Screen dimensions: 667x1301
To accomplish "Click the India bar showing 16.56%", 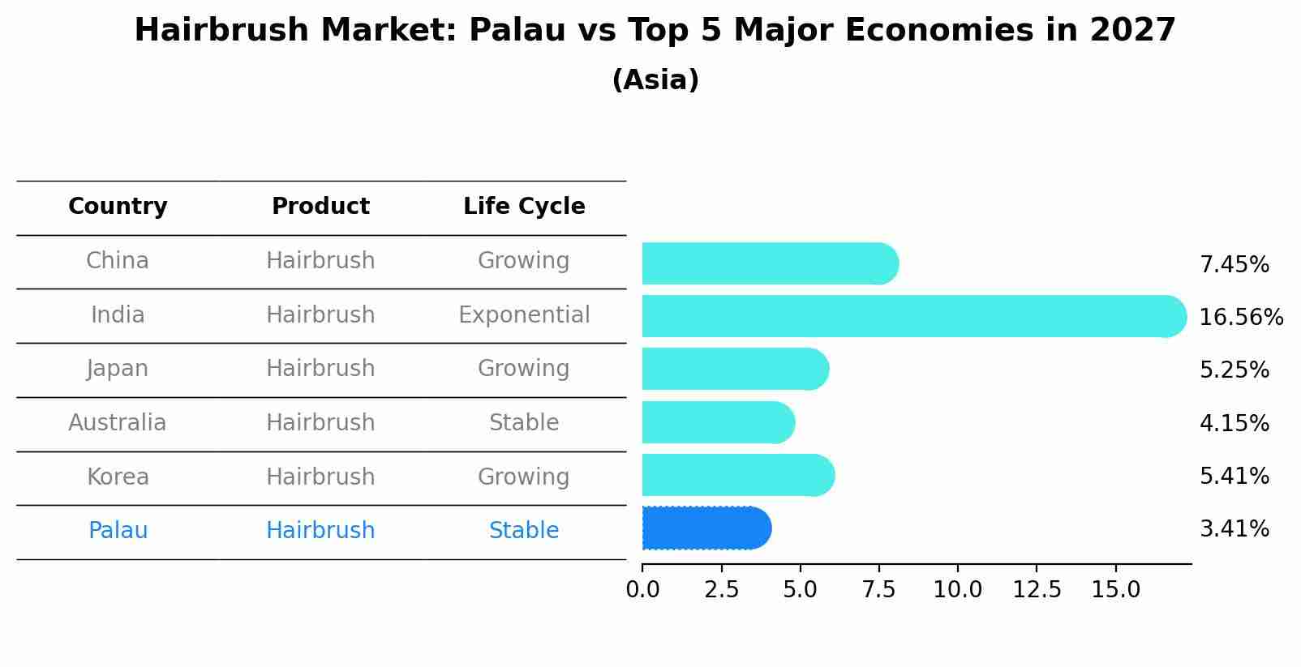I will click(914, 316).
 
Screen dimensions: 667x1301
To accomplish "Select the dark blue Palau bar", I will click(706, 528).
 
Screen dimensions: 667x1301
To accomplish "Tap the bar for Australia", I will click(718, 422).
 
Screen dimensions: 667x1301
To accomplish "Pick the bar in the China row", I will click(770, 263).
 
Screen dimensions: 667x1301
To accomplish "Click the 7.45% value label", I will click(1234, 264).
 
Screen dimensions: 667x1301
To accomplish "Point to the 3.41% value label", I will click(1234, 529).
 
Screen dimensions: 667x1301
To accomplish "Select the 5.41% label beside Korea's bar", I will click(1234, 476).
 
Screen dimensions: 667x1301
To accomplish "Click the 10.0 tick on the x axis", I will click(957, 589).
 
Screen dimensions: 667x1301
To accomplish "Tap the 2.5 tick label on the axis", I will click(721, 589).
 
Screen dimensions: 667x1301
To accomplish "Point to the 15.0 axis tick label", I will click(1115, 589).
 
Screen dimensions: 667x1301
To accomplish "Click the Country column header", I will click(118, 207).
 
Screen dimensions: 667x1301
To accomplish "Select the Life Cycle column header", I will click(524, 207).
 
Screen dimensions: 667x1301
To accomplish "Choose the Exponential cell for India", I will click(524, 314).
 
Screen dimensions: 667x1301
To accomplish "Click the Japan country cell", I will click(118, 369).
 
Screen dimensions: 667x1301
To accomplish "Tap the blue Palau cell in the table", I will click(118, 531).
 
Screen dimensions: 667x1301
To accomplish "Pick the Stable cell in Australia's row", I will click(524, 423).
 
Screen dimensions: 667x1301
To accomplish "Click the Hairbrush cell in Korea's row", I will click(320, 477).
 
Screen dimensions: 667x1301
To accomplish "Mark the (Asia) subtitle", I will click(655, 80).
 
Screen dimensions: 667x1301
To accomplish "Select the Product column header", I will click(320, 207).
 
